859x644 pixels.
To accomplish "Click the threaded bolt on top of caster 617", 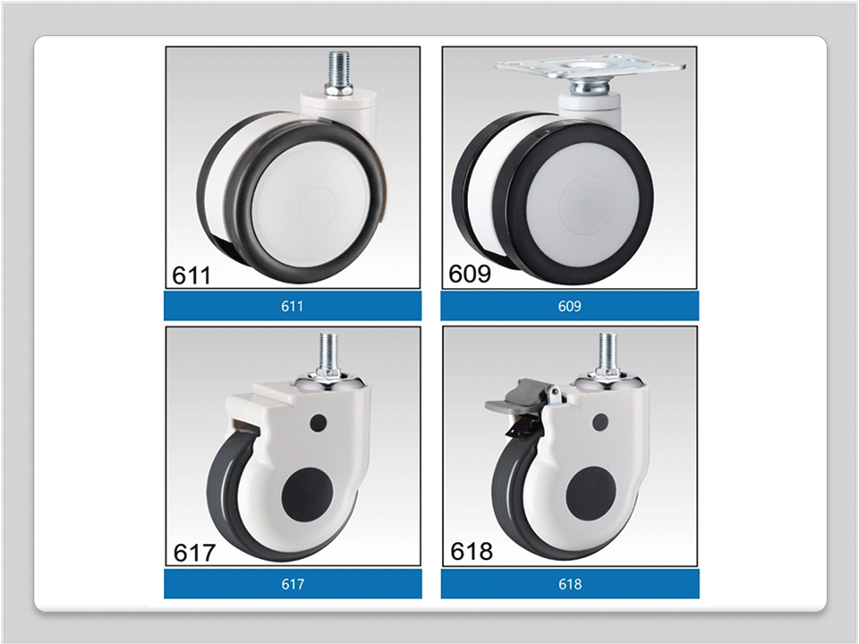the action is [327, 354].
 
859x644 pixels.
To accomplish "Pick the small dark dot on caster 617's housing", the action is [318, 423].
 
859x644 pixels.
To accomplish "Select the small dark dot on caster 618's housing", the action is [600, 422].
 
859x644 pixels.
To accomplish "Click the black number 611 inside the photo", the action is [191, 275].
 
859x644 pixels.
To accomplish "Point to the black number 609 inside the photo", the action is [470, 274].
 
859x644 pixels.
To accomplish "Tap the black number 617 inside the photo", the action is [194, 553].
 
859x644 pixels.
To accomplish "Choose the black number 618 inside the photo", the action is [472, 552].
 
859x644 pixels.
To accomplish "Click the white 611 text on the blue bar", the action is [292, 306].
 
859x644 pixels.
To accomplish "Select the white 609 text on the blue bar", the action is [569, 306].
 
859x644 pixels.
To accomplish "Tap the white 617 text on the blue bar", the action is [293, 584].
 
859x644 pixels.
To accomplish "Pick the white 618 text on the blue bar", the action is [570, 584].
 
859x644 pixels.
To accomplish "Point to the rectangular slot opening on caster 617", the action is [245, 426].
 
